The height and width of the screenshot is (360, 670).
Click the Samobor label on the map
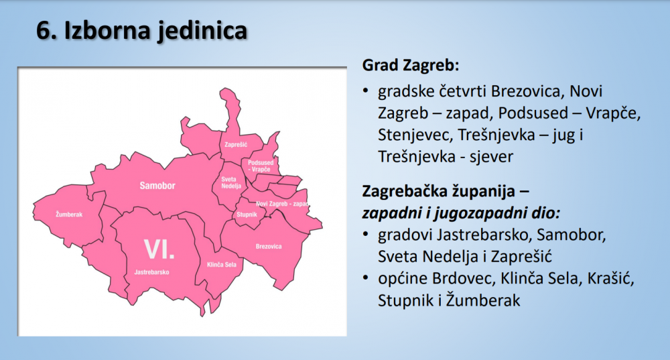pyautogui.click(x=157, y=186)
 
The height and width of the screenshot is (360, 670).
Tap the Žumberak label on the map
pyautogui.click(x=69, y=215)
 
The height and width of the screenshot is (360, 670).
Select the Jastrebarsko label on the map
pyautogui.click(x=151, y=272)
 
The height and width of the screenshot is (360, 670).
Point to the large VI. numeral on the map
pyautogui.click(x=159, y=249)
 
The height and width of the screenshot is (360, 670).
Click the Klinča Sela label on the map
pyautogui.click(x=221, y=265)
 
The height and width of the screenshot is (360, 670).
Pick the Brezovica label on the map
pyautogui.click(x=269, y=246)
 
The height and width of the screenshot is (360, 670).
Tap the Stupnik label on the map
pyautogui.click(x=247, y=215)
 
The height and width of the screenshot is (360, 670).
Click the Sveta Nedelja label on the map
pyautogui.click(x=231, y=182)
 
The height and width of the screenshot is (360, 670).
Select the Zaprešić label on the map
pyautogui.click(x=236, y=145)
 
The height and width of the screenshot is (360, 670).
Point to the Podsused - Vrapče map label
pyautogui.click(x=261, y=166)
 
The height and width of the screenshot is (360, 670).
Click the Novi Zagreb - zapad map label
pyautogui.click(x=283, y=204)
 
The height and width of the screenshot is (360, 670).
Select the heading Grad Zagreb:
pyautogui.click(x=411, y=66)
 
